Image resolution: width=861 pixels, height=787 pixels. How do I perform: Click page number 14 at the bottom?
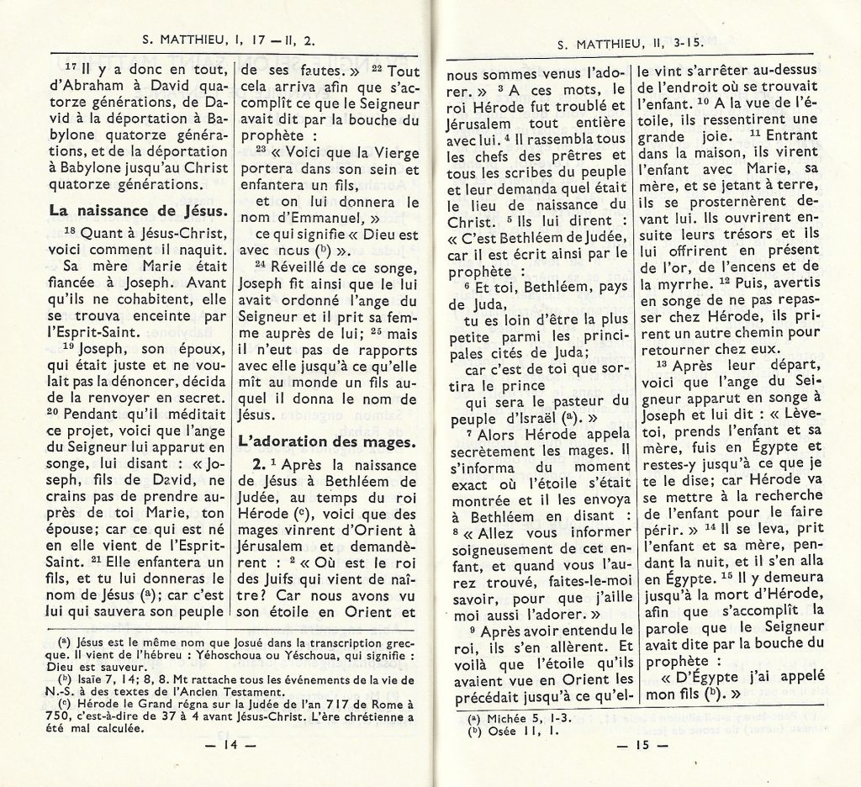229,744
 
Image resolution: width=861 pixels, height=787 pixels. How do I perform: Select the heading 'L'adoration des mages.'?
326,440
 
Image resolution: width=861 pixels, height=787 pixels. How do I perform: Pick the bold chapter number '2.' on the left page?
255,464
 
